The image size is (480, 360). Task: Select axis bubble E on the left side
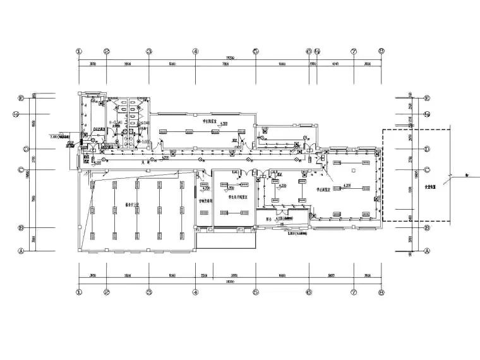pyautogui.click(x=21, y=99)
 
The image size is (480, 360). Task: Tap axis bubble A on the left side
pyautogui.click(x=21, y=251)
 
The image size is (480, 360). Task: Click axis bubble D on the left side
pyautogui.click(x=21, y=150)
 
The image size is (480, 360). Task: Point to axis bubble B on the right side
pyautogui.click(x=427, y=228)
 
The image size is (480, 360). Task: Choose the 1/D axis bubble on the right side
pyautogui.click(x=427, y=114)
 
